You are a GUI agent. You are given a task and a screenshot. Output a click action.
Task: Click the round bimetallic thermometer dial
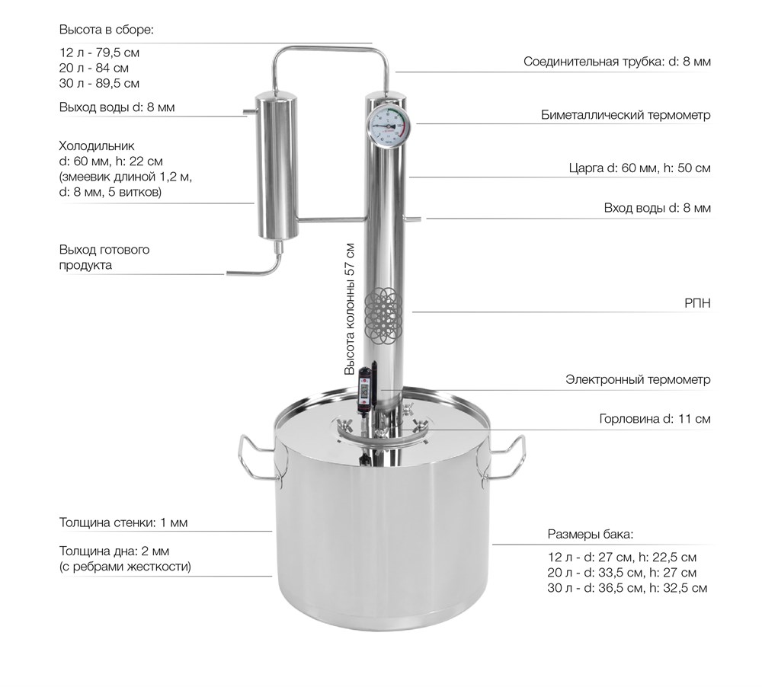point(388,126)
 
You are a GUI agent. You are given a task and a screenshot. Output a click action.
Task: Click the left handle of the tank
point(257,459)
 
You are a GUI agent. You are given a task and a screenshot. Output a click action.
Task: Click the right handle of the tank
point(504,459)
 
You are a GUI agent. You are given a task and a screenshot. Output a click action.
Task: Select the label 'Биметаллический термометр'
point(626,115)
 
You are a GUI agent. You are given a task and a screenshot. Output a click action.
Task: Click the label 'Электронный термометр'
point(638,379)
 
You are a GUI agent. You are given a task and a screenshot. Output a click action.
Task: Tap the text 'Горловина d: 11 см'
point(655,419)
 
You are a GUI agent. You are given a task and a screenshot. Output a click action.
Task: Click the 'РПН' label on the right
point(697,303)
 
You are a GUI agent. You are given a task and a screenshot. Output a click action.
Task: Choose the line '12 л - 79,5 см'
point(99,53)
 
